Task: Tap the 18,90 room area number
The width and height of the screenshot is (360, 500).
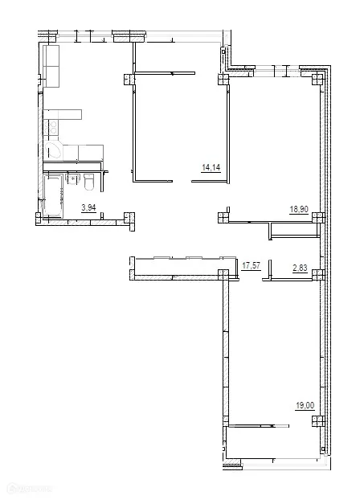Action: click(x=299, y=208)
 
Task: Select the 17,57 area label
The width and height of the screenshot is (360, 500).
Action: click(x=252, y=263)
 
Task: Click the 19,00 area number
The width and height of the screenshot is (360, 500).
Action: click(x=305, y=407)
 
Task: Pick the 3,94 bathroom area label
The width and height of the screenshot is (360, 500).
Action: click(x=88, y=208)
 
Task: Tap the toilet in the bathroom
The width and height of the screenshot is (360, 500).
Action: click(x=89, y=183)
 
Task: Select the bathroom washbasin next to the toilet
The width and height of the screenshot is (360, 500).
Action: click(x=72, y=182)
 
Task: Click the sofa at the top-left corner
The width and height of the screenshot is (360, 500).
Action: click(x=52, y=66)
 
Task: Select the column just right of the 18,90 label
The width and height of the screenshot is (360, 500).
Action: click(x=318, y=216)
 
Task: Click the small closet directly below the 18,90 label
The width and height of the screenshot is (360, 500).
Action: click(x=293, y=231)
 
